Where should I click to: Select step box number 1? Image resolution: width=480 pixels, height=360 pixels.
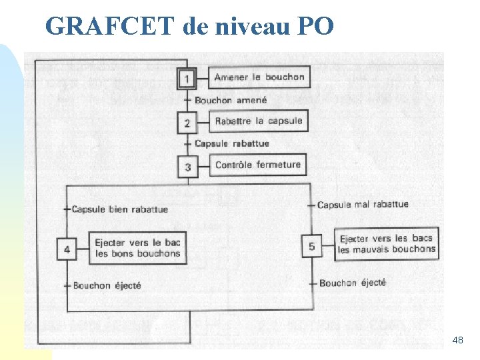point(187,79)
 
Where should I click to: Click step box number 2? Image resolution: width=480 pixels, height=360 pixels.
point(187,123)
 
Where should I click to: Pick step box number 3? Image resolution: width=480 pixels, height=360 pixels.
point(187,166)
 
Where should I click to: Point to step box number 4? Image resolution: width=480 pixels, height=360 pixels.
point(67,249)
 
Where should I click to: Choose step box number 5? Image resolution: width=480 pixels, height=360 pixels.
point(312,246)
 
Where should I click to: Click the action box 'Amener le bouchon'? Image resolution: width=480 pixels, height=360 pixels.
point(259,77)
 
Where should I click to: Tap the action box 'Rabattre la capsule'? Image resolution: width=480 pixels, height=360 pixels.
point(259,121)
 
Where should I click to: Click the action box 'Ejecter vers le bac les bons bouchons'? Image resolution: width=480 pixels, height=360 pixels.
point(137,248)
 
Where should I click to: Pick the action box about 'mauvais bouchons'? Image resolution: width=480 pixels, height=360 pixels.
point(387,244)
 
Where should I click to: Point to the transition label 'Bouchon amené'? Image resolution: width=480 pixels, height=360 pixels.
point(231,100)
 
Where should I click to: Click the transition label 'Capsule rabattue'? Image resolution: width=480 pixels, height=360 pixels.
point(232,143)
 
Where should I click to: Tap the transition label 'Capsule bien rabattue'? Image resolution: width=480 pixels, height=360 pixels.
point(120,209)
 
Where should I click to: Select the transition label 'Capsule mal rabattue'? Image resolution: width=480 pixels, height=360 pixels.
point(363,205)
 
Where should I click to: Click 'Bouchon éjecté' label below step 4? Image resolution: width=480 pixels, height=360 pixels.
point(107,285)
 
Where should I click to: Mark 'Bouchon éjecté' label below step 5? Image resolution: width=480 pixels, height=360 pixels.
point(353,283)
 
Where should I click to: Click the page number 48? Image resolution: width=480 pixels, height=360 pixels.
point(457,341)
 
